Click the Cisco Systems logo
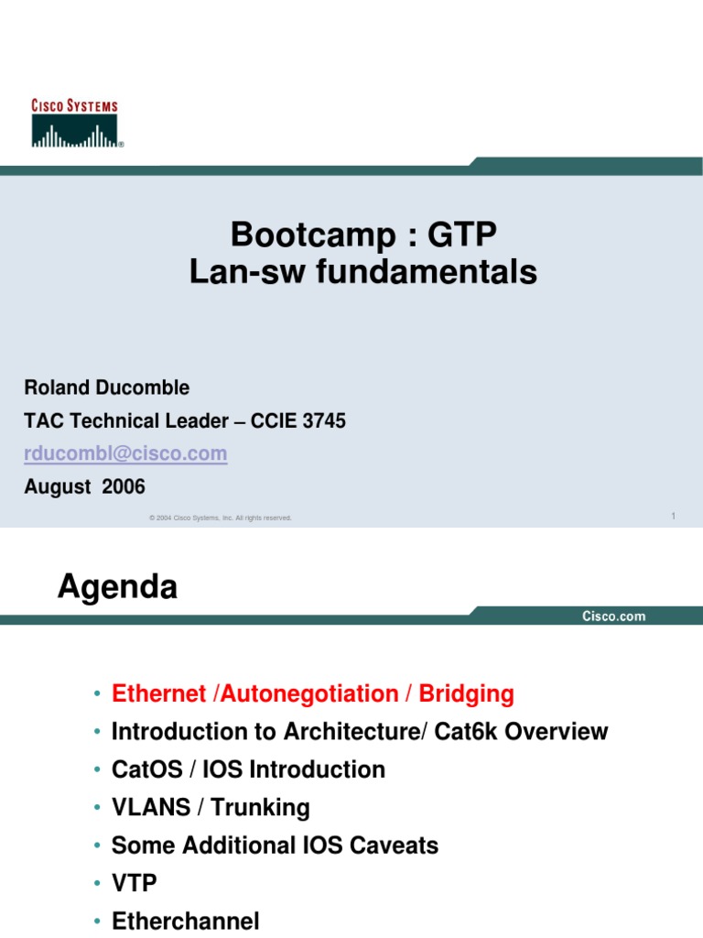[76, 124]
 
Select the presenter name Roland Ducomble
[106, 387]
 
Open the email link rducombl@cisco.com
[125, 454]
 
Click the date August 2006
[84, 487]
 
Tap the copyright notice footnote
[220, 518]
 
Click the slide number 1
[673, 517]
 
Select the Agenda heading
[117, 587]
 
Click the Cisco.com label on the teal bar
[614, 616]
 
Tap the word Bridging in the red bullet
[466, 694]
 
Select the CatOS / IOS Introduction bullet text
[248, 769]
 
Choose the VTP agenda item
[134, 883]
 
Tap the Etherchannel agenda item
[185, 922]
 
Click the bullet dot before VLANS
[97, 808]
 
